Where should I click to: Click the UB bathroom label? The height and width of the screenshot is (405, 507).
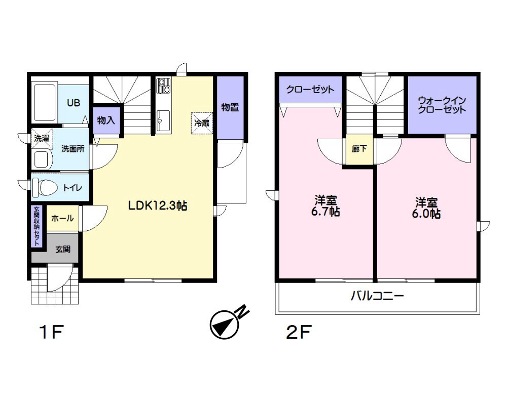pyautogui.click(x=74, y=103)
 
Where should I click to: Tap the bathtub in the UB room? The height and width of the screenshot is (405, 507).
pyautogui.click(x=45, y=103)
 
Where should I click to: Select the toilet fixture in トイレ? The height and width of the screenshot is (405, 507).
pyautogui.click(x=45, y=187)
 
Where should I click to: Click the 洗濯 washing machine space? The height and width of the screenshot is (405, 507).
pyautogui.click(x=42, y=139)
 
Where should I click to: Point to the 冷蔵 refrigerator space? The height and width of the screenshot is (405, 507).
pyautogui.click(x=202, y=123)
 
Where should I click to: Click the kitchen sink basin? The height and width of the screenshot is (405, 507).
pyautogui.click(x=164, y=120)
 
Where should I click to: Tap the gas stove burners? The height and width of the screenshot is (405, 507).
pyautogui.click(x=164, y=85)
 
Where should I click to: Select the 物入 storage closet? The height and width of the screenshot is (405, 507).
pyautogui.click(x=106, y=120)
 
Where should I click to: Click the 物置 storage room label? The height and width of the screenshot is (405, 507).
pyautogui.click(x=230, y=107)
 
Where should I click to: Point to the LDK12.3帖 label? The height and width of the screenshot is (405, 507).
pyautogui.click(x=158, y=206)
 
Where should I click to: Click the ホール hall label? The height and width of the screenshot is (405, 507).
pyautogui.click(x=62, y=218)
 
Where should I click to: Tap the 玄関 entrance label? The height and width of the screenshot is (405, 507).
pyautogui.click(x=63, y=250)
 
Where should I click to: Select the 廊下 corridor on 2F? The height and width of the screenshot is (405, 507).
pyautogui.click(x=359, y=149)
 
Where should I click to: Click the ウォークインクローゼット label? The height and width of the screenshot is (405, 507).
pyautogui.click(x=442, y=105)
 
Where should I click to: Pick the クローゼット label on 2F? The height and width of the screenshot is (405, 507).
pyautogui.click(x=310, y=90)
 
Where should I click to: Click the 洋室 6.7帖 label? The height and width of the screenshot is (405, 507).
pyautogui.click(x=325, y=206)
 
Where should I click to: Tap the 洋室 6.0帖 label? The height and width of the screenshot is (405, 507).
pyautogui.click(x=426, y=208)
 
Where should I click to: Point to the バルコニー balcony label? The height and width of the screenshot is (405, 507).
pyautogui.click(x=377, y=296)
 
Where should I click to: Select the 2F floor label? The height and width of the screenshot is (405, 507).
pyautogui.click(x=299, y=332)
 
